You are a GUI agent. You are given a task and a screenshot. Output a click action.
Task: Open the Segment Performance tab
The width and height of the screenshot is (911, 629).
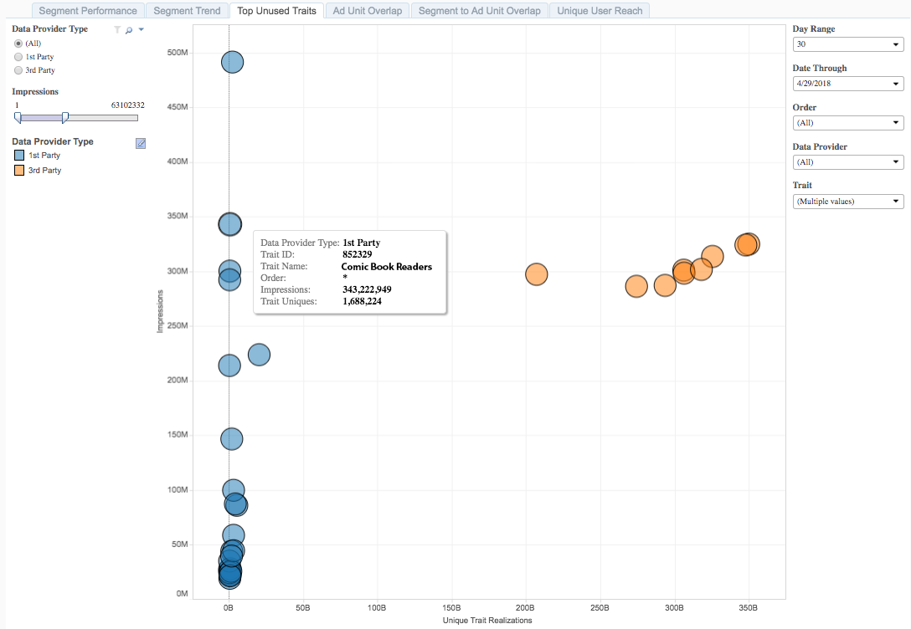click(x=88, y=11)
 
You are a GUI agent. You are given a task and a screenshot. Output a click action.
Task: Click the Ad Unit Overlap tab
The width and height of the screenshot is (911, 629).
click(x=367, y=11)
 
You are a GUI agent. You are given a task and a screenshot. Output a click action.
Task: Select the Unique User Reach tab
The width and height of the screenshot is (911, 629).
click(x=600, y=11)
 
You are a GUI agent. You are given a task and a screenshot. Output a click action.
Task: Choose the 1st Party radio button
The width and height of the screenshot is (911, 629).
click(x=18, y=57)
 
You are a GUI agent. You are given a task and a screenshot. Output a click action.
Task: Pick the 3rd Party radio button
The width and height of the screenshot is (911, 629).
click(x=18, y=70)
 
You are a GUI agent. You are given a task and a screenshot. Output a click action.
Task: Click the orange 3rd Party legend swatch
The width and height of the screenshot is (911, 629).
click(x=18, y=170)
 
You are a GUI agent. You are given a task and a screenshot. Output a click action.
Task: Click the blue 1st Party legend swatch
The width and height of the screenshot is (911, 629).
click(x=18, y=156)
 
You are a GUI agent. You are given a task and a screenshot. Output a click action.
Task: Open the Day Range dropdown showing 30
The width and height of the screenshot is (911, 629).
click(x=847, y=44)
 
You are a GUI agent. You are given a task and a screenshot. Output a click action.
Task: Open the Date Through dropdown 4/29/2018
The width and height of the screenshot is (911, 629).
click(x=847, y=84)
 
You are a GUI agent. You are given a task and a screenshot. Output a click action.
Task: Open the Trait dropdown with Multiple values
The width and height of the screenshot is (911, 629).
click(x=847, y=202)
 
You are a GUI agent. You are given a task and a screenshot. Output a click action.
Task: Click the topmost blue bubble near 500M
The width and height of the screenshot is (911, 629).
click(x=232, y=62)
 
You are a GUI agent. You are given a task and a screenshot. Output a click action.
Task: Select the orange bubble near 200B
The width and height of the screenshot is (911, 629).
click(x=536, y=274)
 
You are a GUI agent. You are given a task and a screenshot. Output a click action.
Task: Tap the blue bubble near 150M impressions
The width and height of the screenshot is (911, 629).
click(x=231, y=438)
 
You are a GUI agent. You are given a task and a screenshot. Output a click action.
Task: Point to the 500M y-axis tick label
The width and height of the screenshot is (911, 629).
click(x=178, y=53)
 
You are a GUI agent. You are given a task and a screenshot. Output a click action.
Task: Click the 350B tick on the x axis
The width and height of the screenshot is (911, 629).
click(x=748, y=607)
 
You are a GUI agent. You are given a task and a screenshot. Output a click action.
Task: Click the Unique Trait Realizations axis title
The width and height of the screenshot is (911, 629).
click(x=487, y=621)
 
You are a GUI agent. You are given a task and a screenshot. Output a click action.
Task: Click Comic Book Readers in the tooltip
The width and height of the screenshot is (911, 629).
click(x=387, y=267)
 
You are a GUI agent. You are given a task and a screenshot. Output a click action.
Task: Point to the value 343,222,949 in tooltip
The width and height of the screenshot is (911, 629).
click(x=367, y=289)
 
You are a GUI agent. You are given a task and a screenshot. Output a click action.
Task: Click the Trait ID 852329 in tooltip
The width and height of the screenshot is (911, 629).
click(x=358, y=254)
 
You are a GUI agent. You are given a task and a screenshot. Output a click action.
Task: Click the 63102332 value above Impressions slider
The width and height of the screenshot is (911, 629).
click(x=127, y=105)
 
